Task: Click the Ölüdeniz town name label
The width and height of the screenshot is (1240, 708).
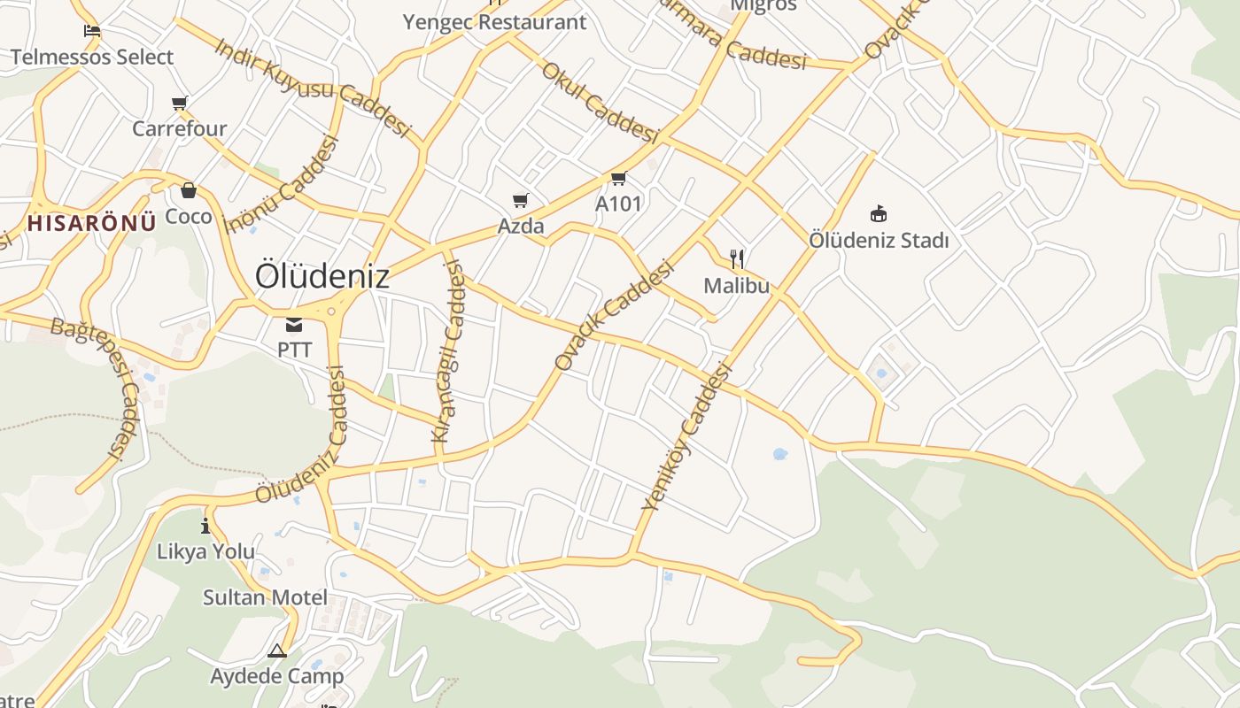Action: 322,276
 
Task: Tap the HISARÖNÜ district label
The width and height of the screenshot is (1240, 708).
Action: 92,222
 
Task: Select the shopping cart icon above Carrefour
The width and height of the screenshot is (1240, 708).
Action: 180,104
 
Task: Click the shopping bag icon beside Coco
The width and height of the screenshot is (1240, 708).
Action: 188,190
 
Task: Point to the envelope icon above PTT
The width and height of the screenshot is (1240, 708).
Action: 294,325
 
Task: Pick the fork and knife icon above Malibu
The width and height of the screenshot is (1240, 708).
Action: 736,259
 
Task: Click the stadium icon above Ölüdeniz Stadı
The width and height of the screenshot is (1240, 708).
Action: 879,213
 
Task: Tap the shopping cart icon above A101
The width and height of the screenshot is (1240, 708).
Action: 618,179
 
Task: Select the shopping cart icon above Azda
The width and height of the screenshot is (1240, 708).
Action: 521,201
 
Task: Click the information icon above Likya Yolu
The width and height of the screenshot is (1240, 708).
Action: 205,526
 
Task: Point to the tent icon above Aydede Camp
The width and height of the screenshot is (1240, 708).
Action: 277,651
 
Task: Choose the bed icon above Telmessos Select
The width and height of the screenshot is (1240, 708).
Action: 92,32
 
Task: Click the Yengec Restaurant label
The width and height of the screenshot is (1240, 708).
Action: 495,22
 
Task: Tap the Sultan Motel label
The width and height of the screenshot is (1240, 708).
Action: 265,597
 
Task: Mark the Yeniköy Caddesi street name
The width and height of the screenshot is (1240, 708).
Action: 687,438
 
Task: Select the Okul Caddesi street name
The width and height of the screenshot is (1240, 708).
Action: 601,102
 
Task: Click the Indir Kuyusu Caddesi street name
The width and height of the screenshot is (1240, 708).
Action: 314,86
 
